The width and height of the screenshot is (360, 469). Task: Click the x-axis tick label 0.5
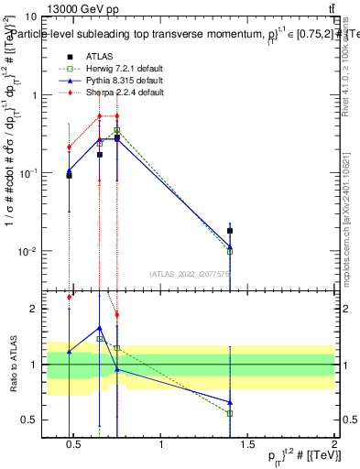tap(74, 445)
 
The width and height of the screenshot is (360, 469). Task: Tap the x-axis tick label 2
tap(333, 445)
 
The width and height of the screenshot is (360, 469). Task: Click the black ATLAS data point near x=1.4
tap(230, 231)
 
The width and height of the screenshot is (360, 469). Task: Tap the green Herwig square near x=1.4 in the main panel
tap(230, 250)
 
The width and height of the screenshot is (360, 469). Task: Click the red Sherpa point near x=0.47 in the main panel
tap(69, 147)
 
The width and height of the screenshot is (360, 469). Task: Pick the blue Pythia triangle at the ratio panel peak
tap(99, 327)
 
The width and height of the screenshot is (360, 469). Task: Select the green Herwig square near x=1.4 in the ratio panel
tap(230, 413)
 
